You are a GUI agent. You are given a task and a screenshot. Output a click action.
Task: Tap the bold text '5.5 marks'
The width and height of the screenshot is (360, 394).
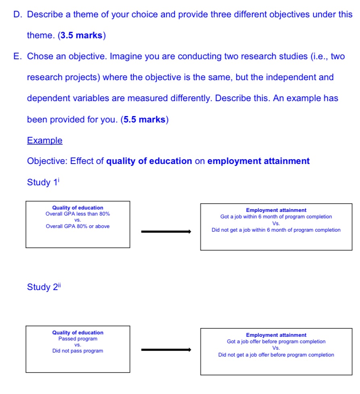point(145,120)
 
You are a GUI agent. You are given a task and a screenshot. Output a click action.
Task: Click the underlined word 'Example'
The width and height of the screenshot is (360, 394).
point(45,141)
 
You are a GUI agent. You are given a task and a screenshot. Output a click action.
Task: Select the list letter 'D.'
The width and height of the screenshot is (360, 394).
point(18,15)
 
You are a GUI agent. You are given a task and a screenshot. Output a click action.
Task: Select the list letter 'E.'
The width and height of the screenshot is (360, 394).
point(18,56)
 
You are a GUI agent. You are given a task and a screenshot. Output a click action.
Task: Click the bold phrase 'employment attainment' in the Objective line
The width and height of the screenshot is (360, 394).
point(258,161)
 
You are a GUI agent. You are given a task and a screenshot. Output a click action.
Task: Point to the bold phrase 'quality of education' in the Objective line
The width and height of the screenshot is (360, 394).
point(149,161)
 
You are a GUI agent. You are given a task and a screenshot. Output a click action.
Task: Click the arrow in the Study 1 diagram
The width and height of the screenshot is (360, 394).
point(166,232)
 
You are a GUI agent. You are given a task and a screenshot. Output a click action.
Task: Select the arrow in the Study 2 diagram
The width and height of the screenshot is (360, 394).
point(166,350)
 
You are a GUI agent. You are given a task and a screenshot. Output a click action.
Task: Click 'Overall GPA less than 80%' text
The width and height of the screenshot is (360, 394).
point(78,214)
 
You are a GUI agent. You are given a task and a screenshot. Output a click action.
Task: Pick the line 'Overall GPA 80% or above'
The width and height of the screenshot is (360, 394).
point(78,226)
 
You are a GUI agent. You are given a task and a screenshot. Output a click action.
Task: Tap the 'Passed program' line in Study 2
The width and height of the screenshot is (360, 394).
point(78,339)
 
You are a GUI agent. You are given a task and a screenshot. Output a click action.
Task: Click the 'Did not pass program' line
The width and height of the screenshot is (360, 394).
point(78,351)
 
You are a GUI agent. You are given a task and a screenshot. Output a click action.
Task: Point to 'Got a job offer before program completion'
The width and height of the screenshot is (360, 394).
point(276,342)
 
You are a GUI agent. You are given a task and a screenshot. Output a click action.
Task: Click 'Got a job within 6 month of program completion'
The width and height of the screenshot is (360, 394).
point(276,217)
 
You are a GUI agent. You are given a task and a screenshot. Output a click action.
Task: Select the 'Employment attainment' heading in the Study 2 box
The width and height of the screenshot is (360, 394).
point(276,335)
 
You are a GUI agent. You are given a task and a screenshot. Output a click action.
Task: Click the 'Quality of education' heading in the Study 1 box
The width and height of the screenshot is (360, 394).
point(78,208)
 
